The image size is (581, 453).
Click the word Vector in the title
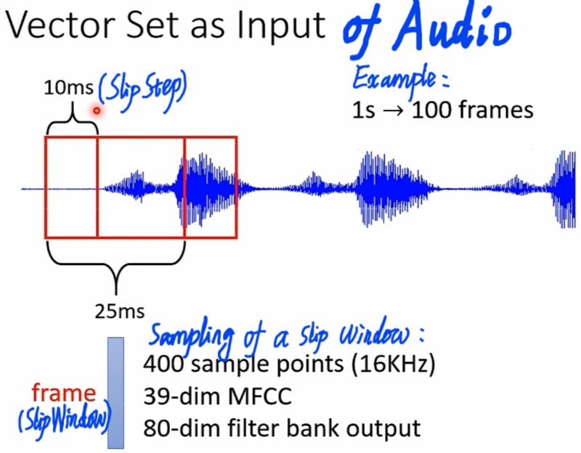click(x=53, y=26)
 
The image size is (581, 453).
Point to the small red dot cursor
click(x=96, y=110)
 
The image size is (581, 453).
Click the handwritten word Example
click(x=399, y=78)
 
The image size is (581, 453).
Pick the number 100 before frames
click(x=431, y=111)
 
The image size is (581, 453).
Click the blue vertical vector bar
click(x=116, y=392)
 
